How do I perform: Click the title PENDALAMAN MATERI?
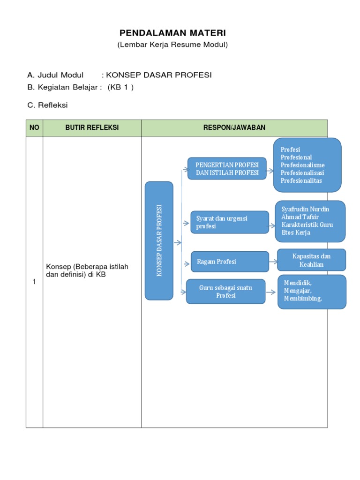[x=172, y=33]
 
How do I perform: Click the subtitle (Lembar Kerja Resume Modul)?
[x=172, y=45]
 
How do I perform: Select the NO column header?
[x=34, y=128]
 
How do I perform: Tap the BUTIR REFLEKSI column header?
[x=92, y=128]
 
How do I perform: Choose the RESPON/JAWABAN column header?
[x=234, y=128]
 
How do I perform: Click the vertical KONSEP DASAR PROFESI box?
[x=159, y=240]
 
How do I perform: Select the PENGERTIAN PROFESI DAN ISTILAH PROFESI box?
[x=227, y=169]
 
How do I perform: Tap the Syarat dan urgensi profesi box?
[x=230, y=222]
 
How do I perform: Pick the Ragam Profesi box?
[x=230, y=262]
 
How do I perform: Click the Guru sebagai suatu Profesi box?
[x=225, y=292]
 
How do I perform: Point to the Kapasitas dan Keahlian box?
[x=311, y=260]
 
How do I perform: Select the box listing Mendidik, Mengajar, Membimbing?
[x=312, y=292]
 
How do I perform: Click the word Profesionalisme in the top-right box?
[x=302, y=165]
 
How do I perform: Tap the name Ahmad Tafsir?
[x=300, y=217]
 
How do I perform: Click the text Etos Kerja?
[x=296, y=232]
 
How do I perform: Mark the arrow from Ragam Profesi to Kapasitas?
[x=273, y=261]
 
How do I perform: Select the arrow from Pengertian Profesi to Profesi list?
[x=270, y=168]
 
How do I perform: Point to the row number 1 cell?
[x=34, y=282]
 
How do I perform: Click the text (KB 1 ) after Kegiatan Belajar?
[x=120, y=87]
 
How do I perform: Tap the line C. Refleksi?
[x=47, y=105]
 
